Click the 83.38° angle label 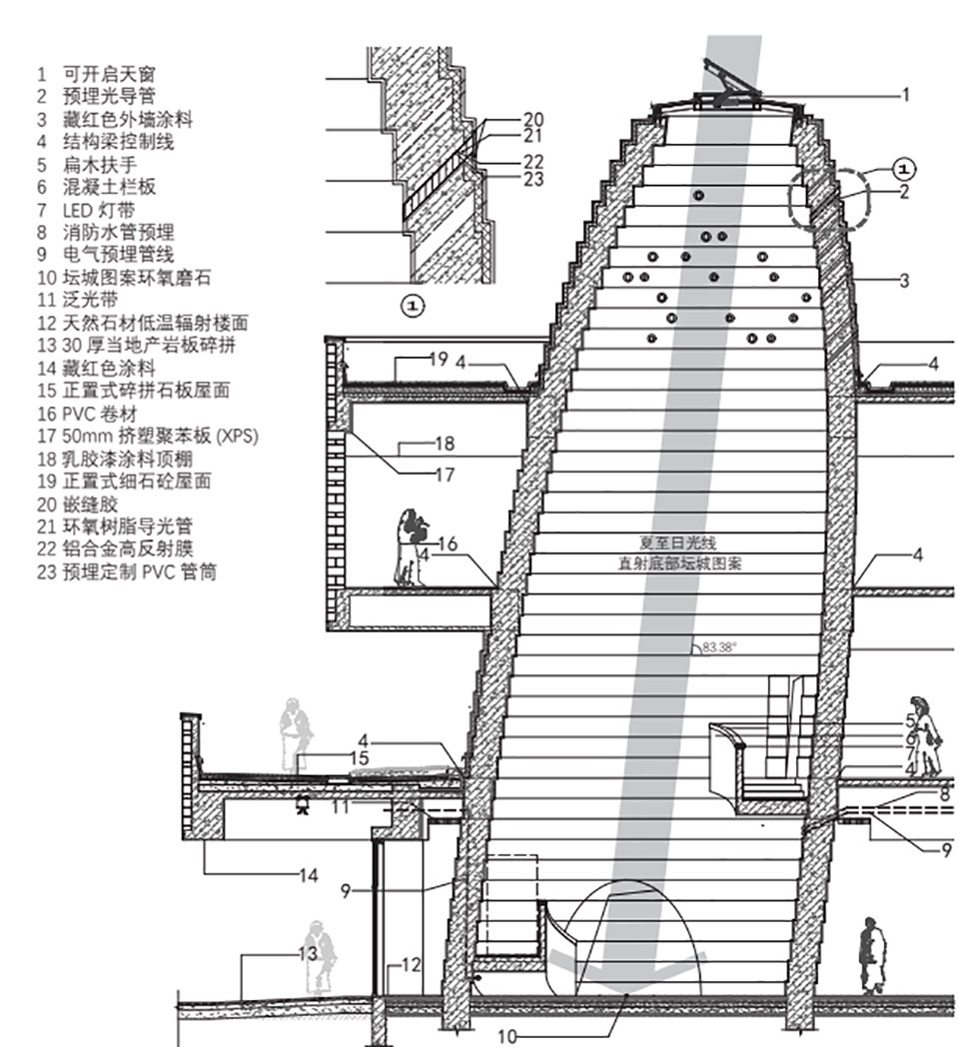tap(718, 647)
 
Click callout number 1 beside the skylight tap(905, 96)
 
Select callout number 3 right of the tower tap(904, 281)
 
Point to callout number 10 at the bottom tap(507, 1037)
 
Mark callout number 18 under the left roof tap(445, 442)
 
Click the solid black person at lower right tap(872, 955)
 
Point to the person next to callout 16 tap(408, 547)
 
